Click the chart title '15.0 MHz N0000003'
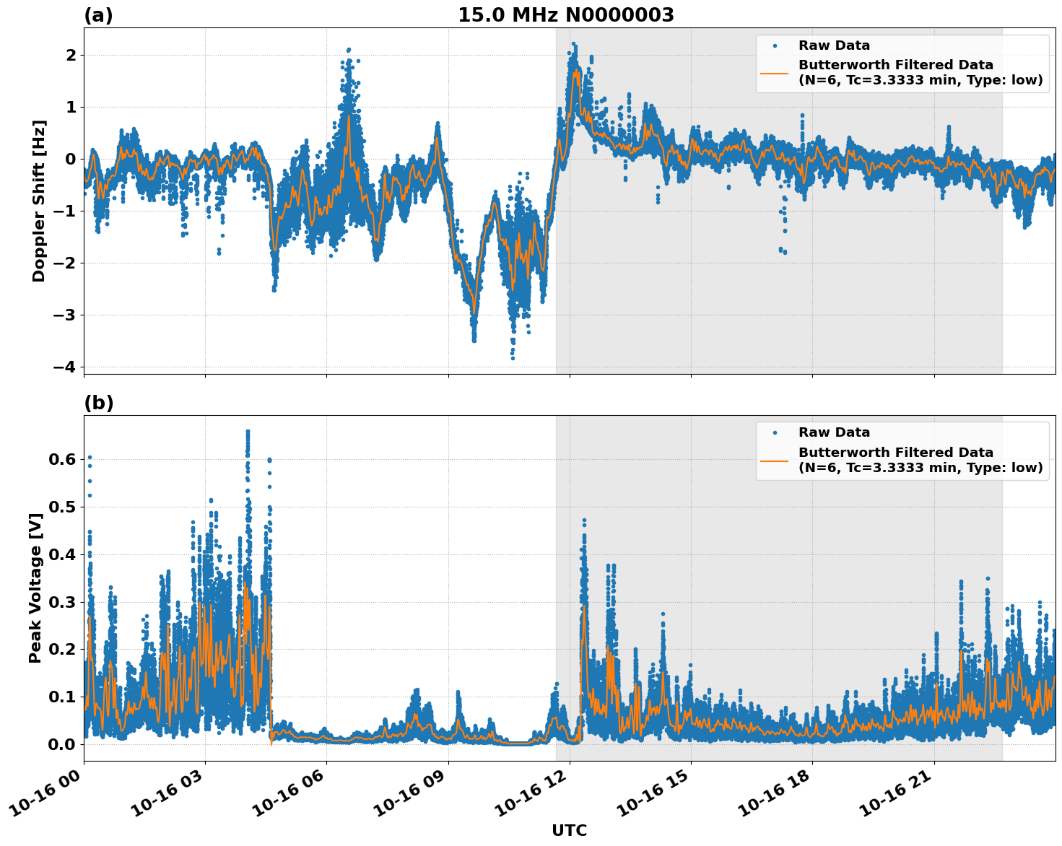(565, 15)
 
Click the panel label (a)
(98, 15)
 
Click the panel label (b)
(98, 403)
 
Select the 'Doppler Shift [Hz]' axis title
(39, 201)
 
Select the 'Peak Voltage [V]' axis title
(35, 588)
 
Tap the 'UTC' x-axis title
(569, 830)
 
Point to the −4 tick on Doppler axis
(64, 367)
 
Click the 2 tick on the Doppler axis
(71, 55)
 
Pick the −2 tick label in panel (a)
(64, 263)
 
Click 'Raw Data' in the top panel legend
(834, 45)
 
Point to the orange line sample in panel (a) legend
(774, 72)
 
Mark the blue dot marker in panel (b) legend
(774, 432)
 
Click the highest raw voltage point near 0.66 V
(248, 431)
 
